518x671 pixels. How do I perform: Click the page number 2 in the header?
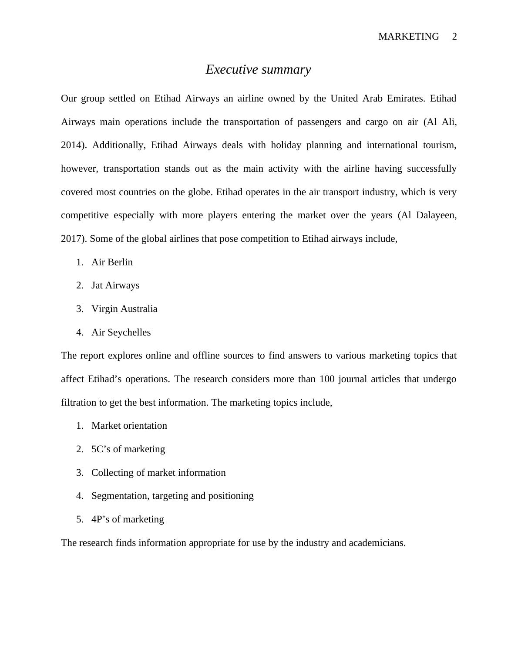click(x=454, y=37)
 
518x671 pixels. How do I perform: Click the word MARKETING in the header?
click(x=408, y=37)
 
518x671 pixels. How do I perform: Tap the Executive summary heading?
click(x=258, y=69)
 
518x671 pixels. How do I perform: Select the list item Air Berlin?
click(x=112, y=262)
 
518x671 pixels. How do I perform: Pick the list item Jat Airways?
click(x=115, y=285)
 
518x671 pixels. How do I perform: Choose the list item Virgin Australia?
click(x=124, y=309)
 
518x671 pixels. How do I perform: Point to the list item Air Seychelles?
click(x=121, y=332)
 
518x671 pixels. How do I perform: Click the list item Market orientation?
click(x=129, y=426)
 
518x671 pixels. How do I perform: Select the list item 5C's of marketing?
click(x=128, y=449)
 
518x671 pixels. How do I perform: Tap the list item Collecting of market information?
click(x=158, y=473)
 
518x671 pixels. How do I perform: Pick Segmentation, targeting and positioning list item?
click(x=172, y=496)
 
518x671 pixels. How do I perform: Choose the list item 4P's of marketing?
click(x=128, y=519)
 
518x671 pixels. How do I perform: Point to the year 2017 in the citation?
click(x=72, y=239)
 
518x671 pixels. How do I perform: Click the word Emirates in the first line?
click(x=405, y=98)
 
